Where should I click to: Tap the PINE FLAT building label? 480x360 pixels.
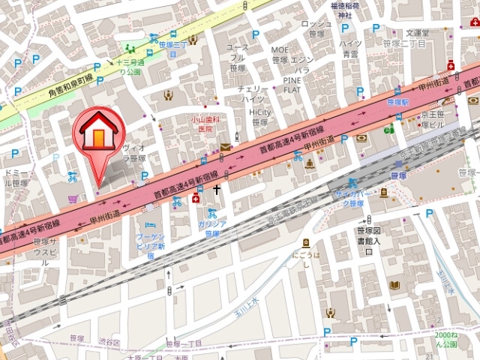pos(292,84)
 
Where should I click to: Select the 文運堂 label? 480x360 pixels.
pos(417,32)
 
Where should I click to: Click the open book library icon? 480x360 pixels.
pos(395,285)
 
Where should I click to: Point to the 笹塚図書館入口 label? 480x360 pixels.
pos(367,241)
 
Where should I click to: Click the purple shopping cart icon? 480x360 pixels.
pos(73,198)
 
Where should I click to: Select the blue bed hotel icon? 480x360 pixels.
pos(150,224)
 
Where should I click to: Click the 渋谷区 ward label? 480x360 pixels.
pos(112,342)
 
